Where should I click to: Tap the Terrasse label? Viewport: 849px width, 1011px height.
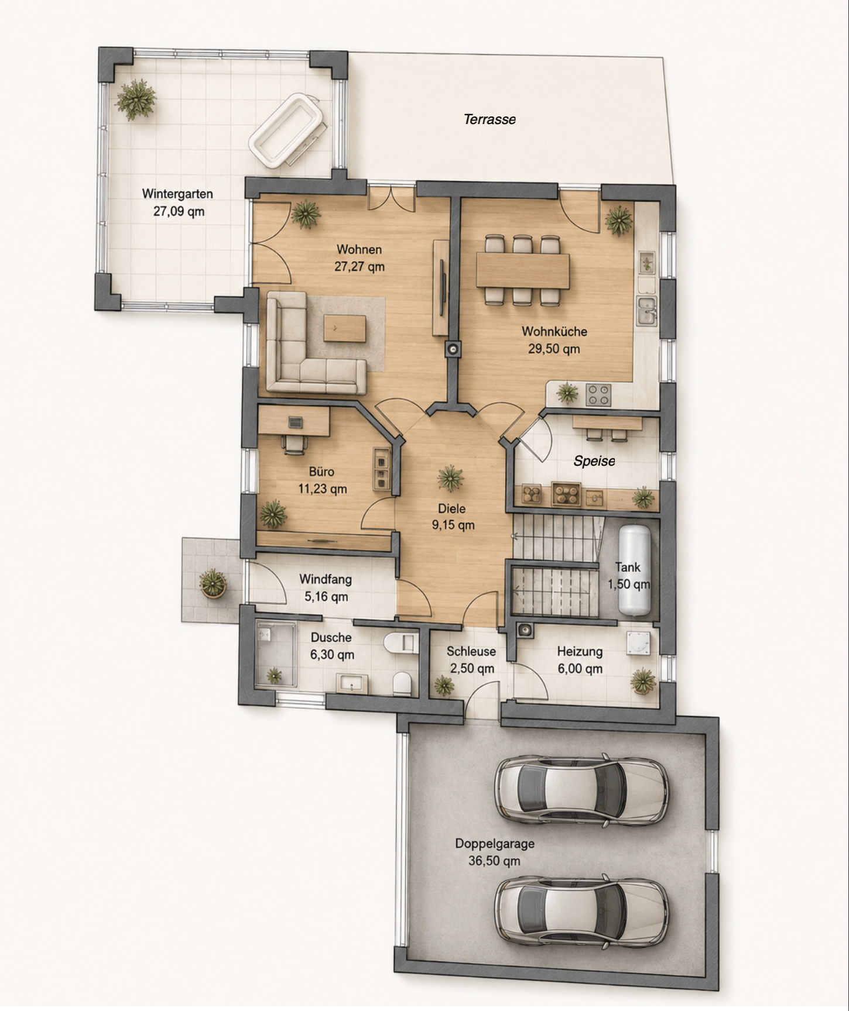pyautogui.click(x=489, y=119)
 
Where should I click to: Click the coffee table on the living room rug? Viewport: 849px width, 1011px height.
pyautogui.click(x=345, y=328)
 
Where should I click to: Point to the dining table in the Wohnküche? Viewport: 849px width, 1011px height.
pyautogui.click(x=523, y=270)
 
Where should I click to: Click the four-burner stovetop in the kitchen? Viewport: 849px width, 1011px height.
pyautogui.click(x=598, y=394)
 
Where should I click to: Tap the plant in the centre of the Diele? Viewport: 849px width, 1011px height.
pyautogui.click(x=450, y=478)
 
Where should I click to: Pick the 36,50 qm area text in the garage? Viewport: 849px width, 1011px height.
pyautogui.click(x=494, y=861)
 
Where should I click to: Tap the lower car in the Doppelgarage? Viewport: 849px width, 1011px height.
pyautogui.click(x=581, y=911)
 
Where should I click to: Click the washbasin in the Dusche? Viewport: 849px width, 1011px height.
pyautogui.click(x=352, y=683)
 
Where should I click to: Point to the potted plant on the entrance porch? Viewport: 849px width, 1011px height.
pyautogui.click(x=212, y=583)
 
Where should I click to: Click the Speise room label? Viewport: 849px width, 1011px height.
pyautogui.click(x=594, y=461)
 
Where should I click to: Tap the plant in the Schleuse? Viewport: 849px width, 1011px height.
pyautogui.click(x=443, y=685)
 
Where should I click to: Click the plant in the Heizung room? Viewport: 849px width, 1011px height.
pyautogui.click(x=643, y=681)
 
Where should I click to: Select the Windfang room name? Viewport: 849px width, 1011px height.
pyautogui.click(x=326, y=579)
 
